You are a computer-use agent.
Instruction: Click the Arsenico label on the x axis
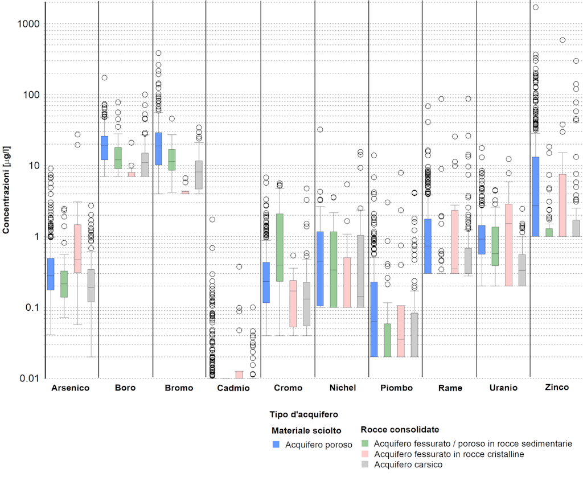(x=70, y=388)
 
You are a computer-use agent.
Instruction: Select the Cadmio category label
(x=233, y=388)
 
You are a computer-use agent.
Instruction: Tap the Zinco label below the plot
(x=556, y=388)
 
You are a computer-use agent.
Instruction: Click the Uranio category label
(x=503, y=388)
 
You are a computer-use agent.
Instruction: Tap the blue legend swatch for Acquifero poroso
(x=277, y=444)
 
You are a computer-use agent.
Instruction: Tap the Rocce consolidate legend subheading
(x=400, y=429)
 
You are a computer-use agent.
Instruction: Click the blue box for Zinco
(x=535, y=196)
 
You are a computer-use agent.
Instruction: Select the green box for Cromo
(x=280, y=247)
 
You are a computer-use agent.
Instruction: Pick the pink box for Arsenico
(x=77, y=248)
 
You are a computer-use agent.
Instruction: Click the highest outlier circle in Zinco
(x=535, y=7)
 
